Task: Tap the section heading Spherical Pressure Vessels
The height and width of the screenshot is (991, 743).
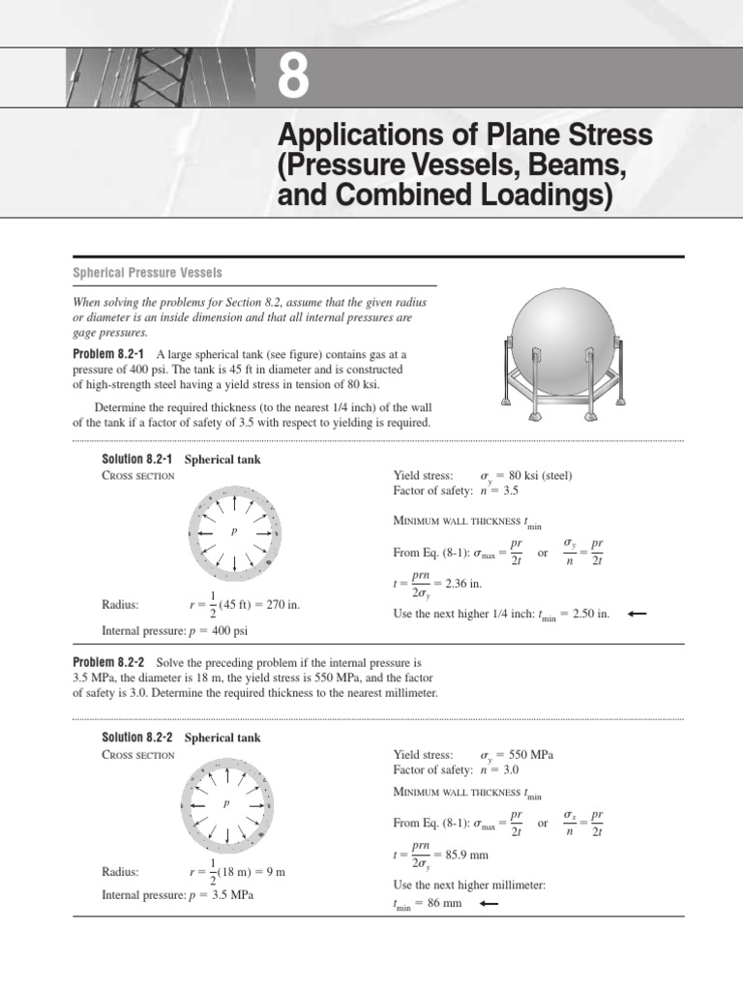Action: [x=148, y=273]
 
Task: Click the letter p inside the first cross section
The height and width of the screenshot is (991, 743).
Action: [x=234, y=532]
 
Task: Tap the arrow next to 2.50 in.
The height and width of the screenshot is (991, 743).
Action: [x=636, y=614]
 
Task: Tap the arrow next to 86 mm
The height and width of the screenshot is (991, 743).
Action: [x=488, y=903]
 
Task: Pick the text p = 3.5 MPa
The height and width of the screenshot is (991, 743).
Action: [x=220, y=895]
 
